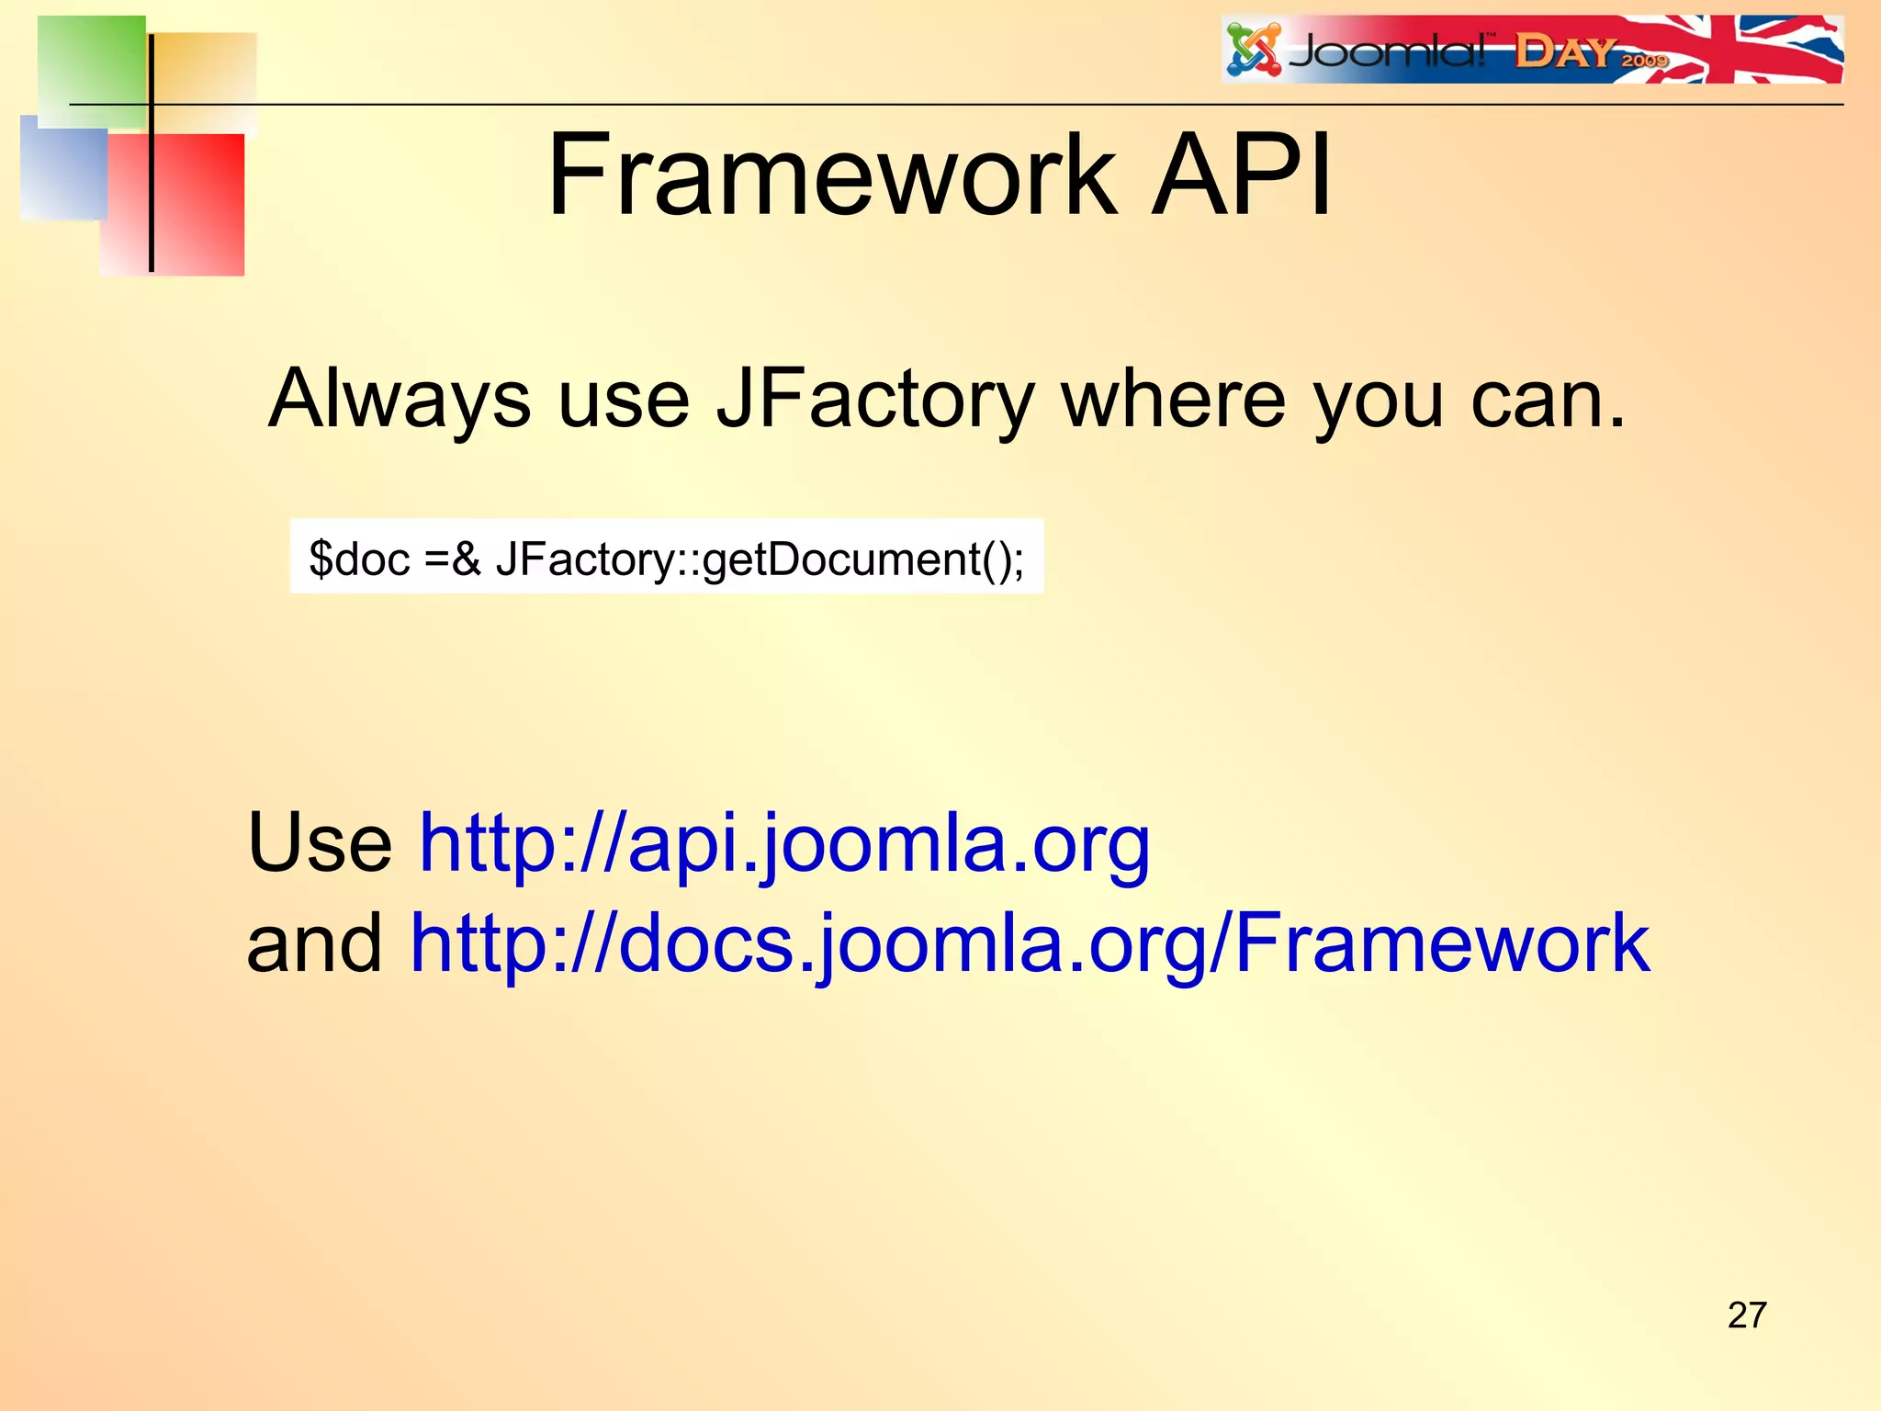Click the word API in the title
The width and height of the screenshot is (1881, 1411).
[x=1242, y=175]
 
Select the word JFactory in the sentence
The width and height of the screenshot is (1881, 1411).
[x=874, y=400]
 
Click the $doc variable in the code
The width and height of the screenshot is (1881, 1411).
[x=359, y=559]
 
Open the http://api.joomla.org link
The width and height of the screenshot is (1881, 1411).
[x=784, y=843]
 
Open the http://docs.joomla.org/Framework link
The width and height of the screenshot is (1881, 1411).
[x=1030, y=943]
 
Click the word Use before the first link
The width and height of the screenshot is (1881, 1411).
[x=320, y=843]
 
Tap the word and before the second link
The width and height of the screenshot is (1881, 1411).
[x=315, y=943]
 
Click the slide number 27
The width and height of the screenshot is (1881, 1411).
[x=1746, y=1315]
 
